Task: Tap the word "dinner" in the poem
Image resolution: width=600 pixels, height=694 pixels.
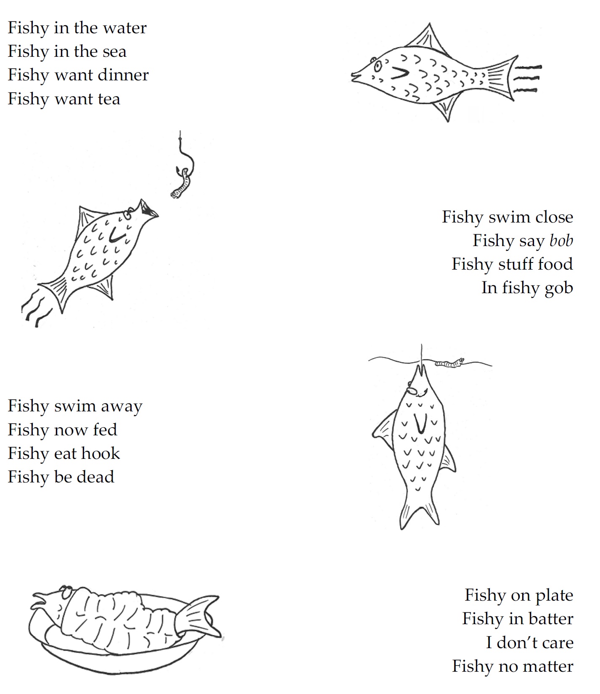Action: point(126,75)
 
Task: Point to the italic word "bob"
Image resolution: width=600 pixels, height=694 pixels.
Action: point(561,241)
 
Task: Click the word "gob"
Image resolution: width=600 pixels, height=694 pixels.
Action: point(559,289)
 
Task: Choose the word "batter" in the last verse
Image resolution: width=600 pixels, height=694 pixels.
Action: point(551,619)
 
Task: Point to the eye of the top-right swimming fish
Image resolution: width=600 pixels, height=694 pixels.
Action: point(378,65)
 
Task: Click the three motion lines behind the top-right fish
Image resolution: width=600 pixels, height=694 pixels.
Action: point(527,78)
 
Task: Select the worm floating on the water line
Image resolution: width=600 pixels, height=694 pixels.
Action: point(449,363)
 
